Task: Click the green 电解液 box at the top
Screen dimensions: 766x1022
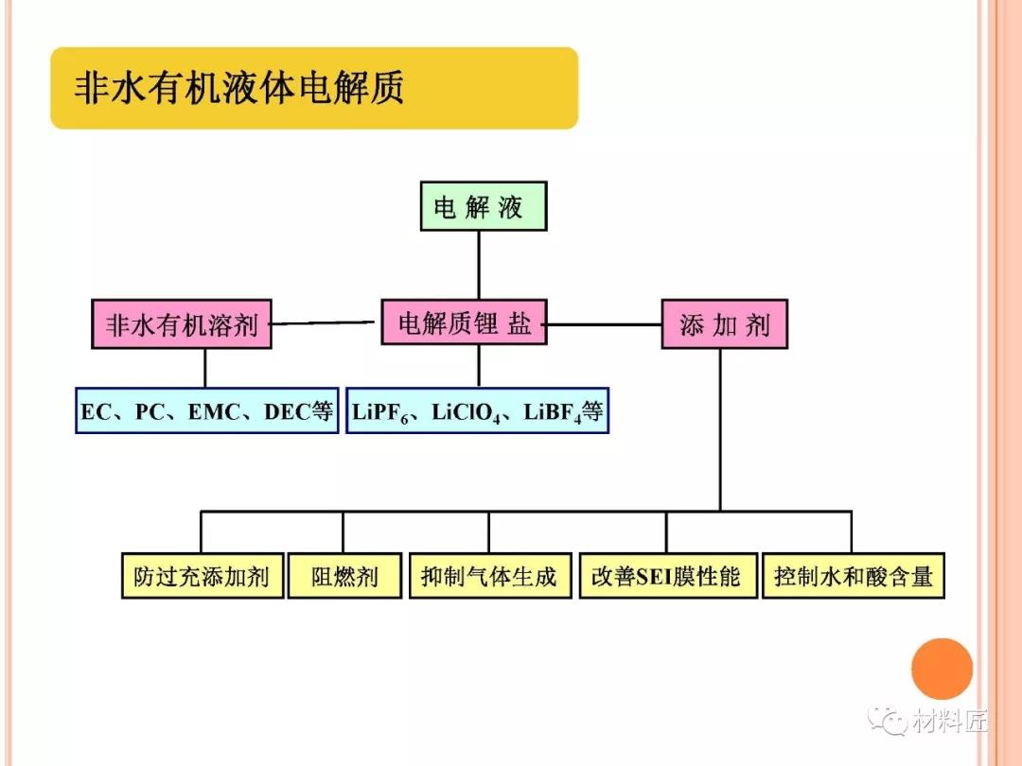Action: pyautogui.click(x=483, y=206)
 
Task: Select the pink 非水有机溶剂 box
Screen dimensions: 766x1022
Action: pyautogui.click(x=182, y=324)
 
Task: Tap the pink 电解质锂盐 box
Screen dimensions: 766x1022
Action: pyautogui.click(x=464, y=323)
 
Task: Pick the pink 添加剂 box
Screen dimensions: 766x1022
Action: pyautogui.click(x=724, y=324)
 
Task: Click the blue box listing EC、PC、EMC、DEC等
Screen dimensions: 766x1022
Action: pyautogui.click(x=206, y=411)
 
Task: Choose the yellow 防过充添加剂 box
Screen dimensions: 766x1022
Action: pyautogui.click(x=202, y=576)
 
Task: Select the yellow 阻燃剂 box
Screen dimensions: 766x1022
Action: pyautogui.click(x=344, y=576)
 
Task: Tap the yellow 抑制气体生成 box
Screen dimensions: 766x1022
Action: pyautogui.click(x=488, y=576)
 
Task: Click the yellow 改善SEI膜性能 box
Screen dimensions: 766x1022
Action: pyautogui.click(x=667, y=576)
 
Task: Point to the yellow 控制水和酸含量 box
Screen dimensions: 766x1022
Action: pyautogui.click(x=853, y=576)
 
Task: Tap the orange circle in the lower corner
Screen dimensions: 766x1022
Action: pyautogui.click(x=942, y=669)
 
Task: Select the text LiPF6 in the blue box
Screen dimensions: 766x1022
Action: pyautogui.click(x=380, y=413)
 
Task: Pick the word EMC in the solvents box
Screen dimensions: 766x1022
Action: pyautogui.click(x=218, y=412)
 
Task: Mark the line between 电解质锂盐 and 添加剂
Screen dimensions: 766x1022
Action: pyautogui.click(x=604, y=324)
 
